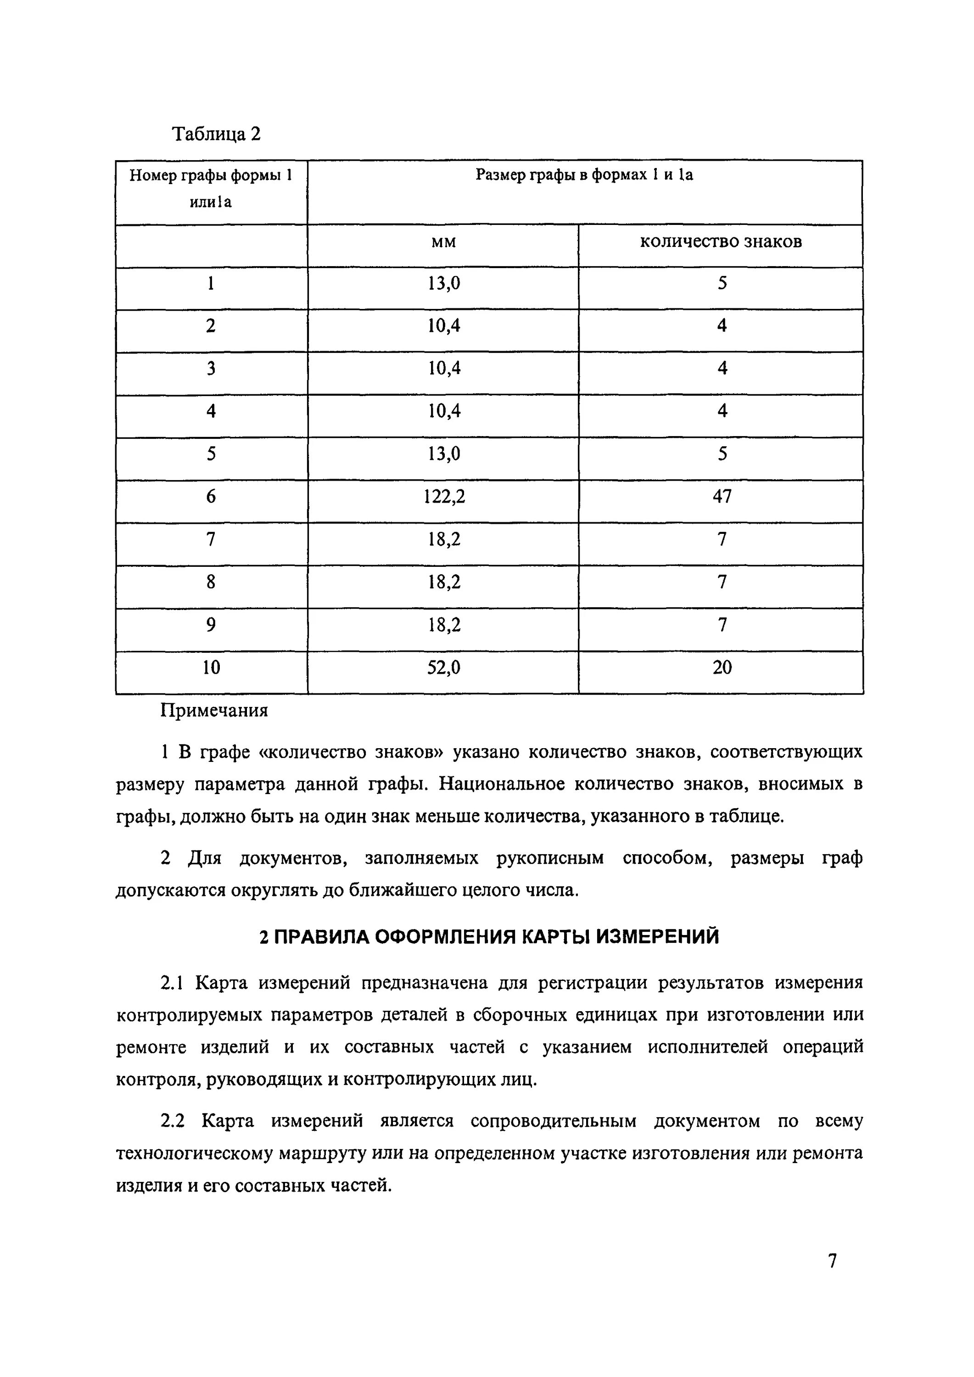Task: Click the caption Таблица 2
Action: [217, 133]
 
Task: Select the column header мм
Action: [443, 242]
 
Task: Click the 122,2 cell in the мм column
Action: [443, 497]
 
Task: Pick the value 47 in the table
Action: [722, 497]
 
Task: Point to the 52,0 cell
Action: [443, 667]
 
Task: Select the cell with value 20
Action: [722, 667]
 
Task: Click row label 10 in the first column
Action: [211, 667]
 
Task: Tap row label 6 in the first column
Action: [211, 497]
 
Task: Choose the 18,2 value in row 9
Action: [443, 625]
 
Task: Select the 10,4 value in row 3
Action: [443, 368]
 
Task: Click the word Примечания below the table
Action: [213, 711]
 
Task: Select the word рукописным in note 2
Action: [550, 859]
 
